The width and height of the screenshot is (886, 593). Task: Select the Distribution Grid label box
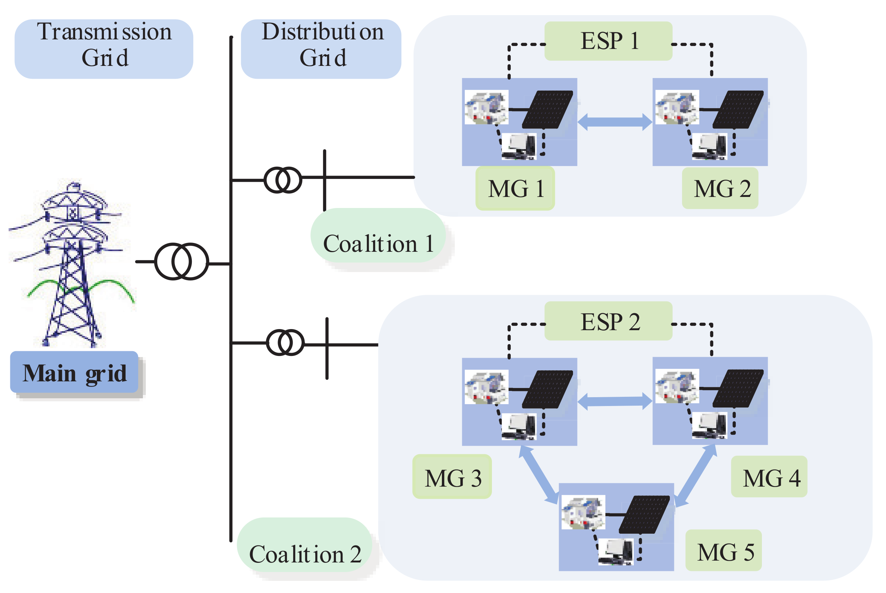pyautogui.click(x=321, y=49)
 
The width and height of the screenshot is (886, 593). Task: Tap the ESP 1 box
pyautogui.click(x=608, y=41)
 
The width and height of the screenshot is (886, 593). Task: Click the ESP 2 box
pyautogui.click(x=608, y=321)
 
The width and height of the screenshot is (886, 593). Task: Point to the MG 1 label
pyautogui.click(x=515, y=188)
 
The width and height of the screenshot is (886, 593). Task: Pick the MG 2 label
pyautogui.click(x=720, y=188)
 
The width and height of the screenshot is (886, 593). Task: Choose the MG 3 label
pyautogui.click(x=452, y=477)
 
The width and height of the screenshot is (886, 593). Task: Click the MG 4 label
pyautogui.click(x=769, y=477)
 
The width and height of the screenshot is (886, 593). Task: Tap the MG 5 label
pyautogui.click(x=723, y=551)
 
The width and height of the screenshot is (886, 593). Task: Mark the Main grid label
pyautogui.click(x=74, y=373)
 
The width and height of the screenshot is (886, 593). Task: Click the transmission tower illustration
pyautogui.click(x=72, y=265)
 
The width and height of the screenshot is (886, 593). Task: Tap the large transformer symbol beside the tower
pyautogui.click(x=182, y=262)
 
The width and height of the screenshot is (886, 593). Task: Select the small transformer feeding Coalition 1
pyautogui.click(x=283, y=180)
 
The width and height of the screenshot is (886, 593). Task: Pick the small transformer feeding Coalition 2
pyautogui.click(x=285, y=343)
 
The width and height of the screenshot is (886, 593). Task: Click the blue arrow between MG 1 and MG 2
pyautogui.click(x=615, y=122)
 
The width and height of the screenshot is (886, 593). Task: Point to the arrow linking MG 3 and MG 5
pyautogui.click(x=539, y=475)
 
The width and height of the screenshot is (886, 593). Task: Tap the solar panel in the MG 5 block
pyautogui.click(x=644, y=514)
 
